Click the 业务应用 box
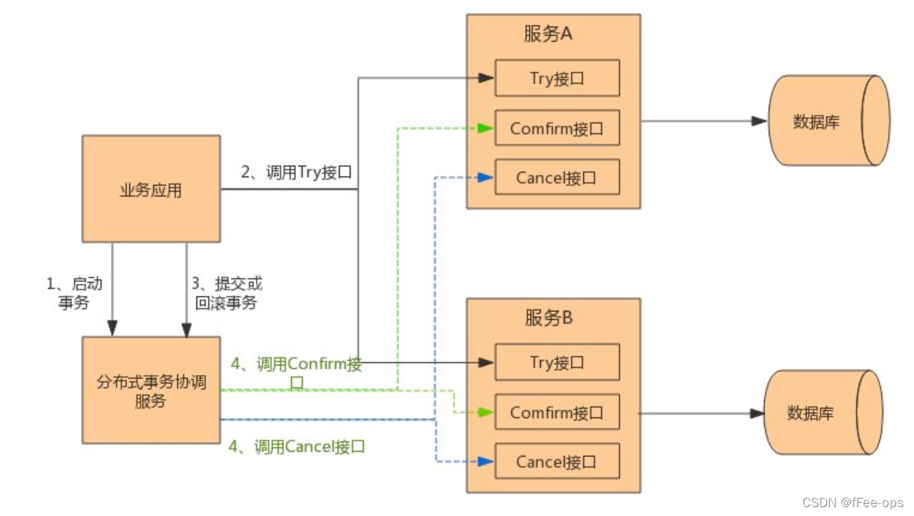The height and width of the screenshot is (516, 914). tap(151, 189)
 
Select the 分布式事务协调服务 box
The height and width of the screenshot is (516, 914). tap(151, 390)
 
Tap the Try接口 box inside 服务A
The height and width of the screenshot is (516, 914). tap(557, 78)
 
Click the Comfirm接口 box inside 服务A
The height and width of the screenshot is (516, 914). tap(557, 128)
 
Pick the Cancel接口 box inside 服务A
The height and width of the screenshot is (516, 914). tap(557, 178)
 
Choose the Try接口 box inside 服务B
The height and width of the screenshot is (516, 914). tap(557, 362)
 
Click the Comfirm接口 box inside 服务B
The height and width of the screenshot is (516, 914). tap(557, 413)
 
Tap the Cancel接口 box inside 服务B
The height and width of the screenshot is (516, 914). tap(557, 462)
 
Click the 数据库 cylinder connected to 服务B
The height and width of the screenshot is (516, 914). tap(822, 413)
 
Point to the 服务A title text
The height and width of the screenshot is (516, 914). tap(548, 34)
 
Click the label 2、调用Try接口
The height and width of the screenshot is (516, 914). tap(296, 172)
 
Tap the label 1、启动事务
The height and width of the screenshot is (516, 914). tap(74, 293)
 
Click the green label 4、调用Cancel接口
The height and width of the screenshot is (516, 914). tap(296, 447)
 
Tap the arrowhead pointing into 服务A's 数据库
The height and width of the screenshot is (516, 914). tap(759, 121)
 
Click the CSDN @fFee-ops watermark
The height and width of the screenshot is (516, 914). tap(853, 503)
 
